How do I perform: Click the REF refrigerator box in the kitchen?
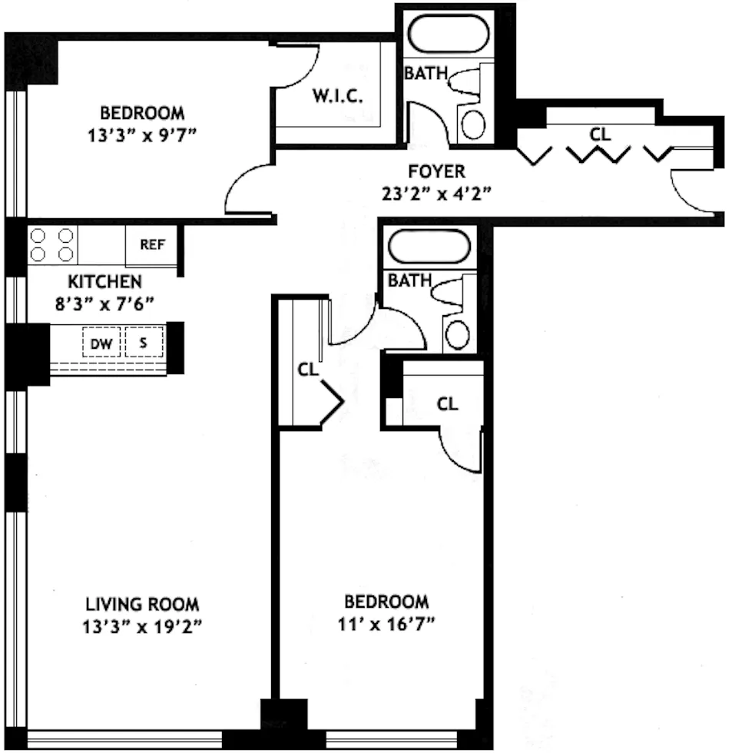pyautogui.click(x=151, y=245)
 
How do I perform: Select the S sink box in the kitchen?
pyautogui.click(x=144, y=344)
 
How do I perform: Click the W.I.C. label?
pyautogui.click(x=337, y=96)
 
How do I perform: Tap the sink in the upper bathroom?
pyautogui.click(x=474, y=124)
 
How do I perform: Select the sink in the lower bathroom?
pyautogui.click(x=458, y=335)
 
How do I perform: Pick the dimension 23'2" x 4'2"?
pyautogui.click(x=436, y=193)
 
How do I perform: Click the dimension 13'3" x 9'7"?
pyautogui.click(x=142, y=135)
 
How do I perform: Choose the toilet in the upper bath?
pyautogui.click(x=466, y=81)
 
